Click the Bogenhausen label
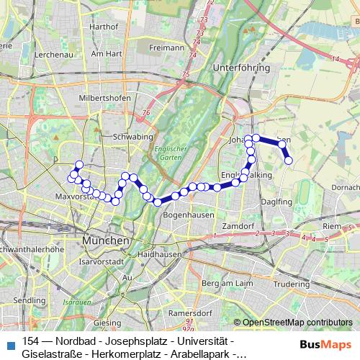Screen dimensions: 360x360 (185, 215)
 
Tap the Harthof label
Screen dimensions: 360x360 (102, 25)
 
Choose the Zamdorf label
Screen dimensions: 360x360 (238, 226)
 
